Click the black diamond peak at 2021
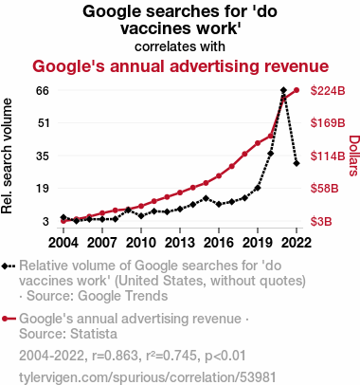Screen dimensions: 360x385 pyautogui.click(x=283, y=90)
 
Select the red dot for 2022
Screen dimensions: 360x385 pyautogui.click(x=297, y=90)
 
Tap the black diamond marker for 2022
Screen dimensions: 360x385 pyautogui.click(x=297, y=163)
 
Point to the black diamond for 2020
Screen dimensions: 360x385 pyautogui.click(x=271, y=154)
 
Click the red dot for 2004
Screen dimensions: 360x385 pyautogui.click(x=63, y=221)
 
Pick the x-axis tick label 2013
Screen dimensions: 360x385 pyautogui.click(x=180, y=243)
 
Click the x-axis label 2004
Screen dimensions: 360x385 pyautogui.click(x=63, y=243)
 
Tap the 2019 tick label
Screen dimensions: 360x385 pyautogui.click(x=258, y=243)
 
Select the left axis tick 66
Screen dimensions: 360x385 pyautogui.click(x=44, y=91)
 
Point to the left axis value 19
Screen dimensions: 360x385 pyautogui.click(x=44, y=189)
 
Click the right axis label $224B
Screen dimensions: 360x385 pyautogui.click(x=328, y=91)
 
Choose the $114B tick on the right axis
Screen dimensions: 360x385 pyautogui.click(x=328, y=156)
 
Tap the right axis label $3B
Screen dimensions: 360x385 pyautogui.click(x=321, y=222)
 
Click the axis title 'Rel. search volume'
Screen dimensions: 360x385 pyautogui.click(x=7, y=156)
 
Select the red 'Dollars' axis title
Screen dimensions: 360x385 pyautogui.click(x=354, y=156)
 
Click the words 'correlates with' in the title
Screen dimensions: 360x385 pyautogui.click(x=180, y=46)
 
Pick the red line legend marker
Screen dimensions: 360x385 pyautogui.click(x=9, y=319)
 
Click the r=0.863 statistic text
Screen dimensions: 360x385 pyautogui.click(x=115, y=356)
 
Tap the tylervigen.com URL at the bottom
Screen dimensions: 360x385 pyautogui.click(x=148, y=377)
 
